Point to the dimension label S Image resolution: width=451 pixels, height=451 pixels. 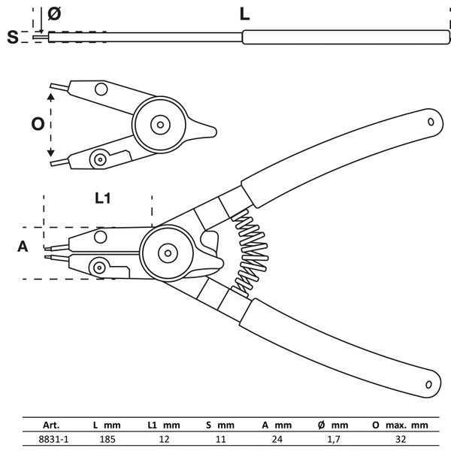click(x=14, y=37)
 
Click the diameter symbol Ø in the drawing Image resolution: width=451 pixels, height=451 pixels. click(x=53, y=13)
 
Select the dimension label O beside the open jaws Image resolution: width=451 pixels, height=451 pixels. click(x=37, y=125)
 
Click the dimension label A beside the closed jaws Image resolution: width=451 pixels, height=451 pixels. click(x=23, y=246)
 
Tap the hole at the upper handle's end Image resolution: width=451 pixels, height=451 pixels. click(x=431, y=120)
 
